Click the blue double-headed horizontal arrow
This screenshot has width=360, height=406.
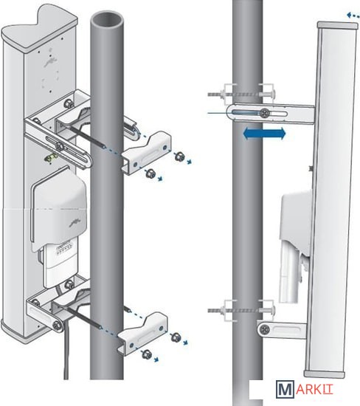pos(264,134)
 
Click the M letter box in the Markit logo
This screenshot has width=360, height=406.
pos(285,389)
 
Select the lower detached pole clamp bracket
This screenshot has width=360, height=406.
pos(142,333)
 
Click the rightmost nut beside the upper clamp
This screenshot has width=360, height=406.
pos(179,156)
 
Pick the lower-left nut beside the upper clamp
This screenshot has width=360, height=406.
pos(149,173)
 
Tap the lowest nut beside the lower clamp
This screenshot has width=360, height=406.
pos(147,354)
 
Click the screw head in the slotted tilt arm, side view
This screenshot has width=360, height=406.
pos(264,113)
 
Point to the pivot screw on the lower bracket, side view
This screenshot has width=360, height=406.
pos(264,330)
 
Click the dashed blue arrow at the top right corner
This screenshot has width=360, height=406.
pos(353,15)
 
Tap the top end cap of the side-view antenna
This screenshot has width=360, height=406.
pos(338,25)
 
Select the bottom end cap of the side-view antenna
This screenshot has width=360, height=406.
pos(325,374)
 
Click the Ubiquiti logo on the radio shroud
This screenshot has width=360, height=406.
pos(75,223)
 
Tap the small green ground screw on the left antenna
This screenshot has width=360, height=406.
pos(51,158)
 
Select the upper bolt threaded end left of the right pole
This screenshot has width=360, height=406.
pos(214,94)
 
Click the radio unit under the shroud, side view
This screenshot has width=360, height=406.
pos(291,273)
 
